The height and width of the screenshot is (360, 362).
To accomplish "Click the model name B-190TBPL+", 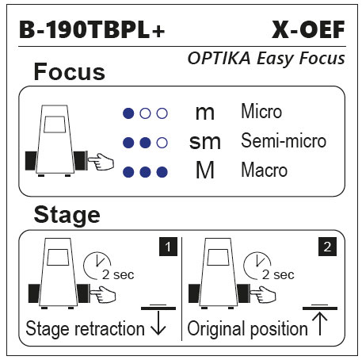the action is pos(92,29).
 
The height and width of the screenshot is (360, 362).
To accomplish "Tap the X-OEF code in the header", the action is pos(308,29).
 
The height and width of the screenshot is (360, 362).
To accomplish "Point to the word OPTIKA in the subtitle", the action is pos(219,58).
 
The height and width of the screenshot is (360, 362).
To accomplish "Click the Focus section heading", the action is pos(70,71).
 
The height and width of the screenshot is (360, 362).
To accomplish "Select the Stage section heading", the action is pos(67,216).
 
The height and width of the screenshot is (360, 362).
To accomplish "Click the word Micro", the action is pos(261,111).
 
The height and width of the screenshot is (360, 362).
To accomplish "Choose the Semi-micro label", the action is pos(284,140).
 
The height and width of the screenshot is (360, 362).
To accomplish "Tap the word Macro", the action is pos(264,170).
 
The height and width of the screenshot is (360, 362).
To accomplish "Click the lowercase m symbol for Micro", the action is pos(205,113).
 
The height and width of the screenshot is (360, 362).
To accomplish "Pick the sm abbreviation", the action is pos(205,142).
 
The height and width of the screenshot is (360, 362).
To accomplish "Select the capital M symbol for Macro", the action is pos(205,170).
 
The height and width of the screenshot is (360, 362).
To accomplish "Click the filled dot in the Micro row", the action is pos(128,113).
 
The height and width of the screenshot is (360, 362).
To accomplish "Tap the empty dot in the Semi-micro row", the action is pos(162,143).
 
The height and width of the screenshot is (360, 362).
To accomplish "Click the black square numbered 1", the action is pos(168,247).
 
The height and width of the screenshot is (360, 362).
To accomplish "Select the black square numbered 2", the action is pos(327,247).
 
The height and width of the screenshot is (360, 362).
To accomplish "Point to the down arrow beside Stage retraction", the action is pos(158,323).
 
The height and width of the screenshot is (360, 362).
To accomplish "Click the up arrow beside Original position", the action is pos(320,324).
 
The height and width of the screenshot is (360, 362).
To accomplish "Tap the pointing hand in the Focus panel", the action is pos(101,162).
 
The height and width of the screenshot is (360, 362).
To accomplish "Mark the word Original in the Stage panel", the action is pos(217,329).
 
